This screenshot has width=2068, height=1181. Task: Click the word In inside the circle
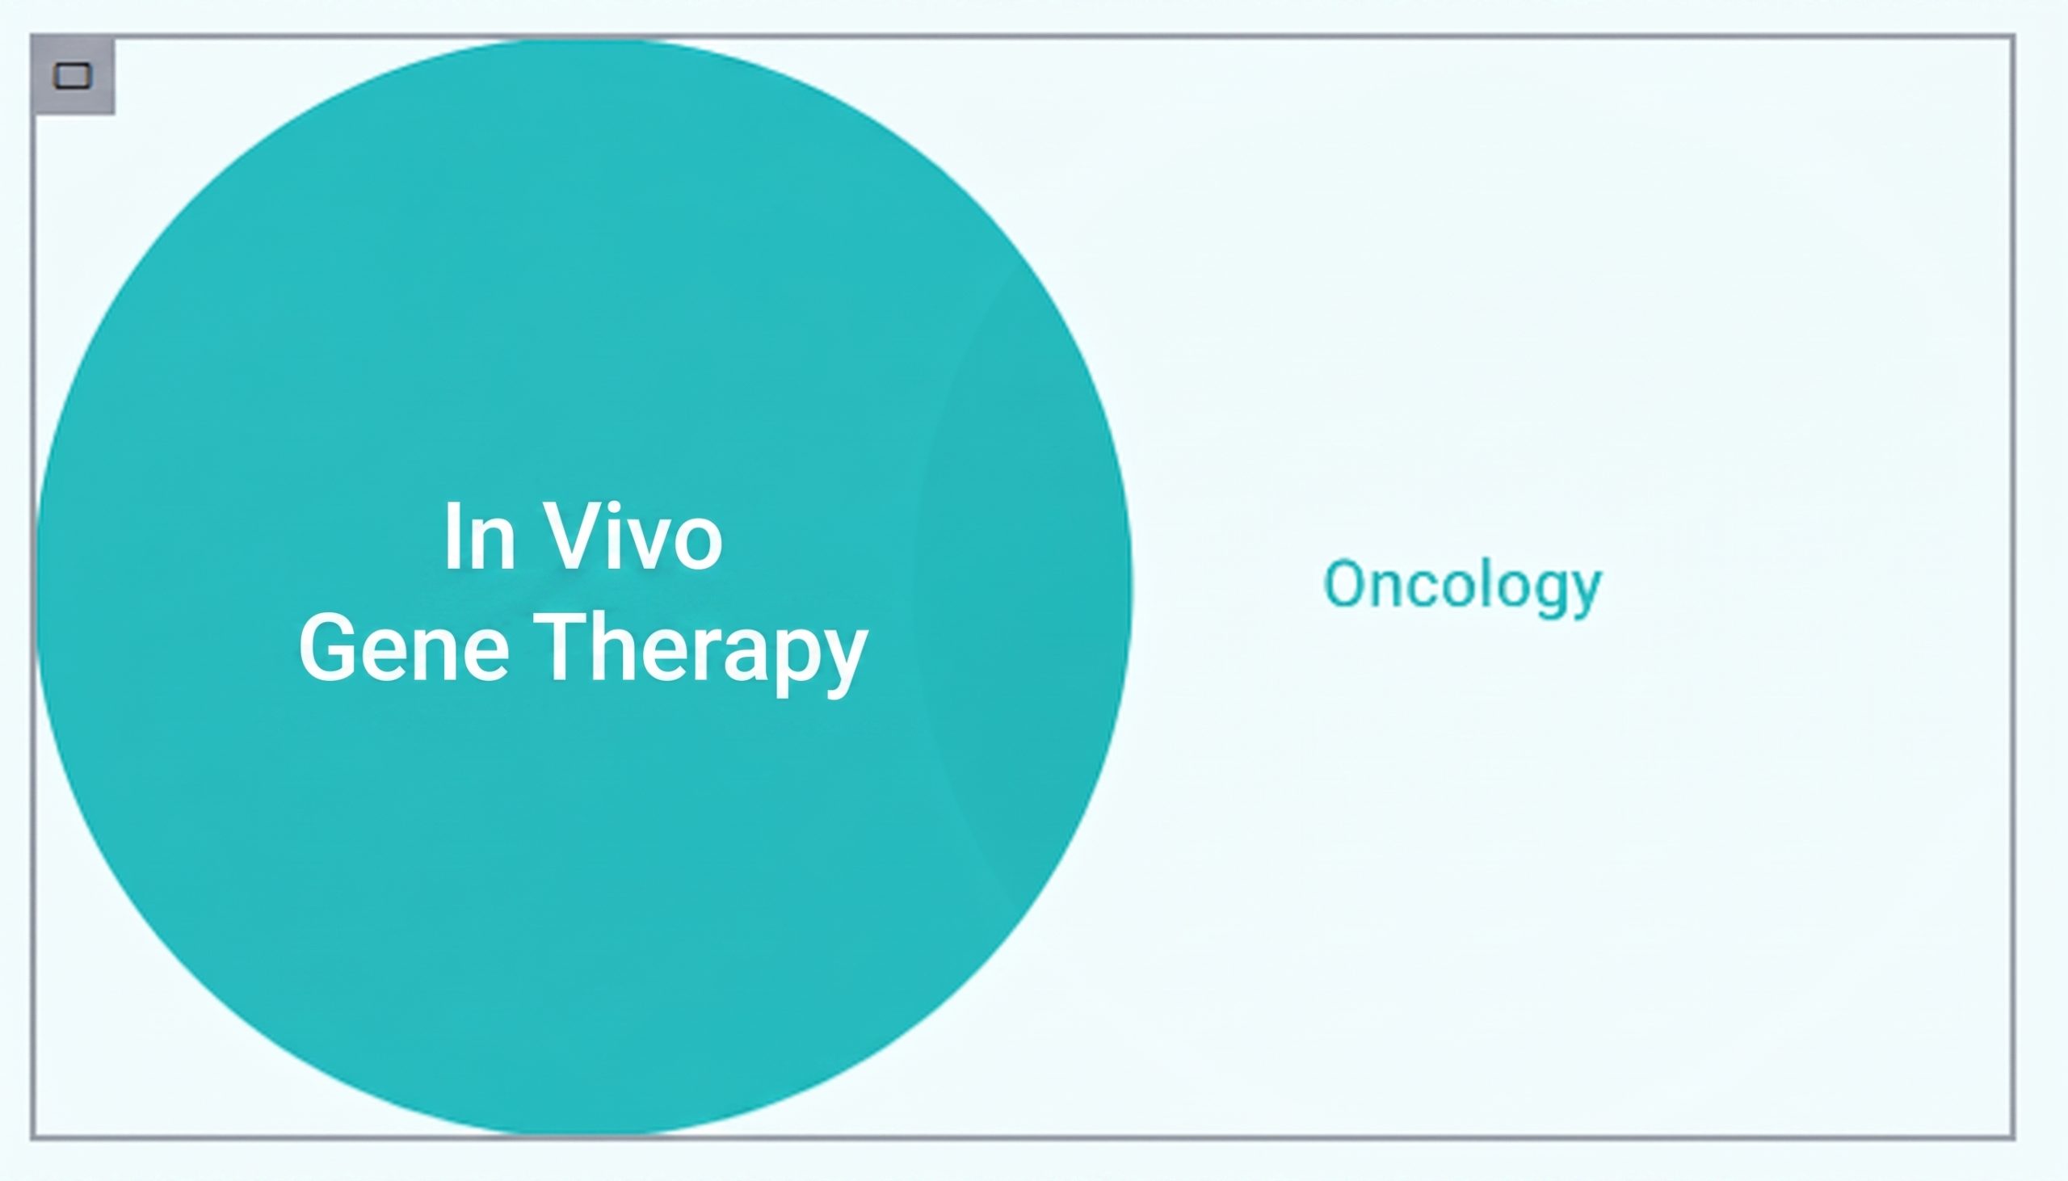pyautogui.click(x=479, y=536)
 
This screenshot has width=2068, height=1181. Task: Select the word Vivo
pyautogui.click(x=633, y=536)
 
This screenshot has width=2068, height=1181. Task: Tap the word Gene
pyautogui.click(x=404, y=647)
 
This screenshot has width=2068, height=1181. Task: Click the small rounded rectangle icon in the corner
pyautogui.click(x=72, y=76)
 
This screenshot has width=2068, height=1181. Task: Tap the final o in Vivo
pyautogui.click(x=698, y=544)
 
